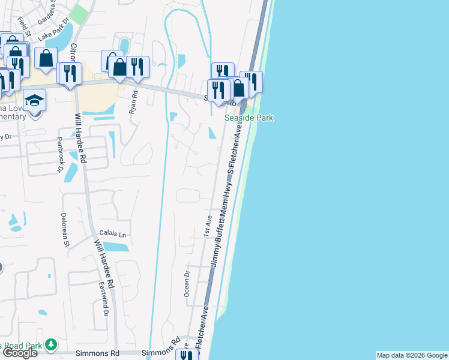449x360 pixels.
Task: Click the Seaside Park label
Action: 249,118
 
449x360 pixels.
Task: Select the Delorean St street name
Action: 65,230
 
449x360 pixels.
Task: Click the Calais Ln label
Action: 115,235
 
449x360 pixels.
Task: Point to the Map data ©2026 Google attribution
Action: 412,355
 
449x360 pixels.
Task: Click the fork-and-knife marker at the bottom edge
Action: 187,355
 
